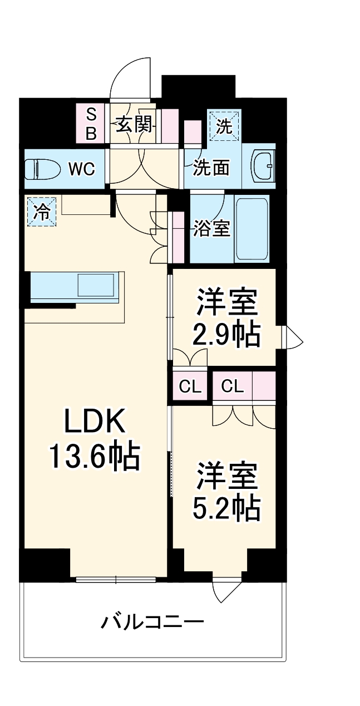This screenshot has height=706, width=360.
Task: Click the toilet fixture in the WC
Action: point(42,168)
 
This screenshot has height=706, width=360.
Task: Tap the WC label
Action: point(81,168)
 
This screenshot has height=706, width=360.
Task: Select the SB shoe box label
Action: point(91,124)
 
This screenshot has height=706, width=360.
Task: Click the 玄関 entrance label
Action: point(134,124)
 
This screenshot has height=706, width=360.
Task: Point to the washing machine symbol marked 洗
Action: point(224,126)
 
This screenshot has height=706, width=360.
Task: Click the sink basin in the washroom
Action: point(263,166)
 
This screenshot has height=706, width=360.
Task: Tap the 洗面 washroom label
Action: point(211,168)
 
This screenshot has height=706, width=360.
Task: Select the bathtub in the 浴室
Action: point(252,228)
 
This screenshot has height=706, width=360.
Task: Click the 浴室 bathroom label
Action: point(211,228)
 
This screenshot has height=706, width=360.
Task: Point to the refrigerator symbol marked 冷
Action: point(42,212)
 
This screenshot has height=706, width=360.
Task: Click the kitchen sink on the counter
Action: point(97,285)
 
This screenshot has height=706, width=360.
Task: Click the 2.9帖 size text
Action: point(226,334)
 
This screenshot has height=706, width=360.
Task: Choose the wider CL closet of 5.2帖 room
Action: point(232,386)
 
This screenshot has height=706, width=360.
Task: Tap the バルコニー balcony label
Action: point(152,621)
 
